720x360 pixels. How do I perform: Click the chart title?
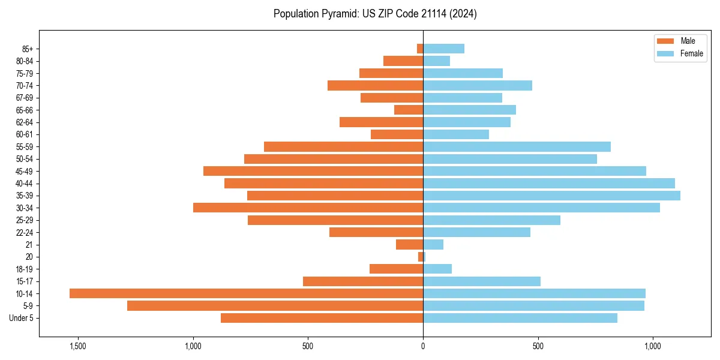pos(375,14)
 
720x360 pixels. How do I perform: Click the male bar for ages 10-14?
pos(246,293)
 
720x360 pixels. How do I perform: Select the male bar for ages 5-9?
pos(275,305)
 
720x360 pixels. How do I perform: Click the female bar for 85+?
pos(443,49)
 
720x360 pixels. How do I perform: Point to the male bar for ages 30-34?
pos(308,208)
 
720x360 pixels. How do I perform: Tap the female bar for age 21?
pos(433,244)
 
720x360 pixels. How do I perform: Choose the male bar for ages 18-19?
pos(396,269)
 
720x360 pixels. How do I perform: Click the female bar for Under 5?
pos(520,318)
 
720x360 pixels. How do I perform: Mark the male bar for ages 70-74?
pos(375,85)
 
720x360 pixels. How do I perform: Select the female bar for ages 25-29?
pos(491,220)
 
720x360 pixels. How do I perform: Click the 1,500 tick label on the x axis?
pos(78,346)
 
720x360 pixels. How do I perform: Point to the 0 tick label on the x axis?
pos(423,346)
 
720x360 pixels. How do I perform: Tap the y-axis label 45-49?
pos(25,171)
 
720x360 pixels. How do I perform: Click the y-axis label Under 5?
pos(22,318)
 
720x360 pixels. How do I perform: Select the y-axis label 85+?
pos(28,49)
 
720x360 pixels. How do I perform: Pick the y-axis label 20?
pos(30,257)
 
